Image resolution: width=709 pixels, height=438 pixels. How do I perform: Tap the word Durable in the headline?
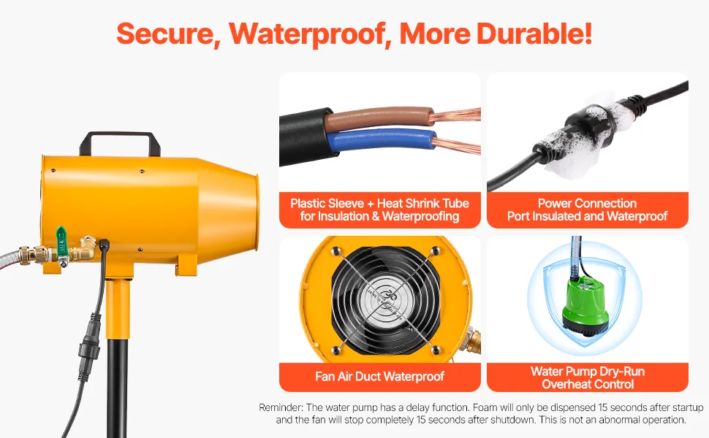pos(534,33)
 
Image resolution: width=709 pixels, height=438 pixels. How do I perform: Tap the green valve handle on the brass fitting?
pos(61,242)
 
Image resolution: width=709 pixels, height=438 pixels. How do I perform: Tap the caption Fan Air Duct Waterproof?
pos(380,376)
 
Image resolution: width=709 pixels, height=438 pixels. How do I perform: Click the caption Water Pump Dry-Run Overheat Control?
pos(588,377)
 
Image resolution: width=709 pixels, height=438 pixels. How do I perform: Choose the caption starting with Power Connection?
pos(588,210)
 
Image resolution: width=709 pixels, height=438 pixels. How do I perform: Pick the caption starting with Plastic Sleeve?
pos(380,210)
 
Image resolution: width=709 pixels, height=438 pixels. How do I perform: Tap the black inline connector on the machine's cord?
pos(86,345)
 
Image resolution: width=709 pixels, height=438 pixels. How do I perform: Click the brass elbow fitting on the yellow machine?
pos(87,248)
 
